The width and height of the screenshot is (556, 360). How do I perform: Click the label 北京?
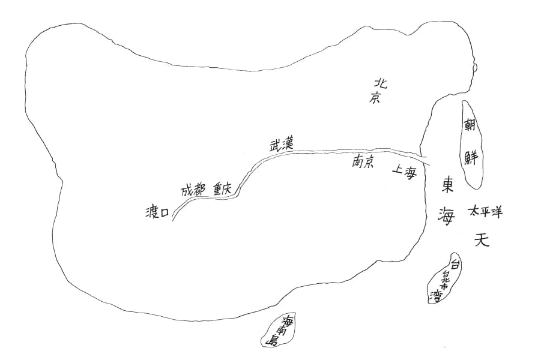click(378, 91)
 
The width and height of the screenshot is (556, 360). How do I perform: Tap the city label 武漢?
click(281, 144)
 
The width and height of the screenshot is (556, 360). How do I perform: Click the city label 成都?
click(193, 191)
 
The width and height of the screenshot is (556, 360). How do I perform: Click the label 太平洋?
click(486, 212)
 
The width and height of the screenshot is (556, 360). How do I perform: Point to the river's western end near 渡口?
click(173, 220)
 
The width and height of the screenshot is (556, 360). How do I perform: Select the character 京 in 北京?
click(376, 98)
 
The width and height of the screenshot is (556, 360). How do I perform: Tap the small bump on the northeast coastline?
click(476, 68)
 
